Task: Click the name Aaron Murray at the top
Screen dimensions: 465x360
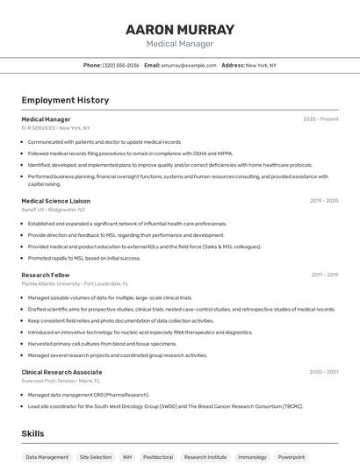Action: [x=180, y=30]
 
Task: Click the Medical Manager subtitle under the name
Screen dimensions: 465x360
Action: [x=180, y=43]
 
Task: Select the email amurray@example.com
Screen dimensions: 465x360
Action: [x=189, y=65]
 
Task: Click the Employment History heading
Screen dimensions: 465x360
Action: [x=65, y=100]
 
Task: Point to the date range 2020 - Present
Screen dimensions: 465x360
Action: [x=320, y=119]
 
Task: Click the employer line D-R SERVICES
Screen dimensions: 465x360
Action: [x=55, y=128]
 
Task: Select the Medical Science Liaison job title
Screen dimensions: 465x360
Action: [x=56, y=201]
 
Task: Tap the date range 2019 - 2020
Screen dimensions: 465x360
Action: [x=324, y=201]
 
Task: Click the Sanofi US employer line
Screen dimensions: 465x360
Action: [x=54, y=210]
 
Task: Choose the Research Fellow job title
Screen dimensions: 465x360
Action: [x=46, y=275]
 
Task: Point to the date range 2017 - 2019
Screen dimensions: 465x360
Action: [x=324, y=275]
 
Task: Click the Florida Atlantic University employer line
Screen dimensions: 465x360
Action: [x=75, y=284]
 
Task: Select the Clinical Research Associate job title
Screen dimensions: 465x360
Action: [x=61, y=372]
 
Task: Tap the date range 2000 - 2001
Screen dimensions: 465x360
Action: [x=324, y=372]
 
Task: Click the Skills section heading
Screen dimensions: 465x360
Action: [x=32, y=433]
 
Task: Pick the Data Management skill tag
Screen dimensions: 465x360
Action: [x=47, y=457]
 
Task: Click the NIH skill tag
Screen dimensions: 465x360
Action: [x=127, y=457]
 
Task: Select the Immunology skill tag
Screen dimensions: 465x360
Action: [x=252, y=457]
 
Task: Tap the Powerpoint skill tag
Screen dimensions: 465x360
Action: [x=292, y=457]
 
